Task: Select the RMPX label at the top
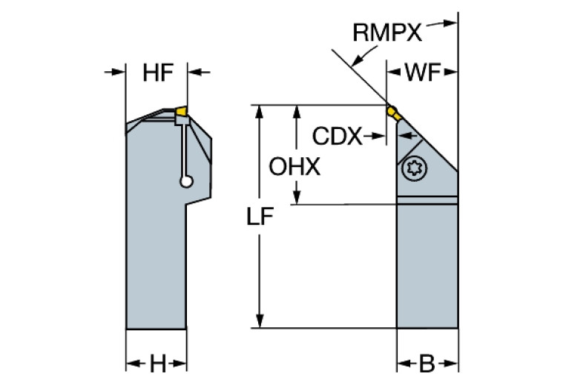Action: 387,32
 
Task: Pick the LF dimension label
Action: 260,217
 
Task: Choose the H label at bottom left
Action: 157,364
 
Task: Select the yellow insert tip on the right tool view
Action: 392,113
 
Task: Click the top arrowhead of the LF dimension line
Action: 259,111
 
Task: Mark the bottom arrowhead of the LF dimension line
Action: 259,321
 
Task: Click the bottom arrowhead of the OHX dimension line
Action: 297,198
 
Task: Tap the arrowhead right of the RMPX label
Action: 448,24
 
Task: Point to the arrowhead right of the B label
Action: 449,364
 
